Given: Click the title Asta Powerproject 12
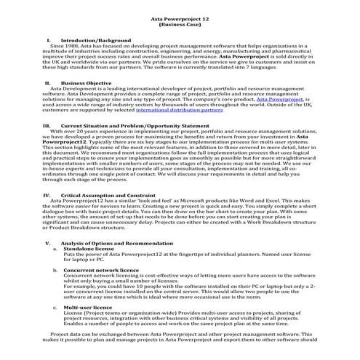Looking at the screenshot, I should click(x=179, y=17).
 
